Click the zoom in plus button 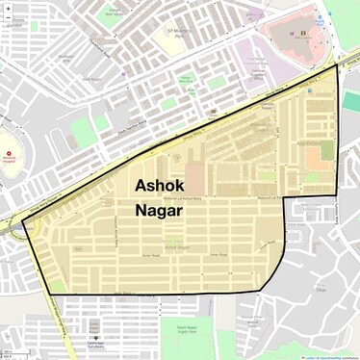(x=7, y=7)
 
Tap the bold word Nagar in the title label (x=160, y=207)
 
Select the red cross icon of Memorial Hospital (x=10, y=154)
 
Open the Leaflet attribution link (x=310, y=357)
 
